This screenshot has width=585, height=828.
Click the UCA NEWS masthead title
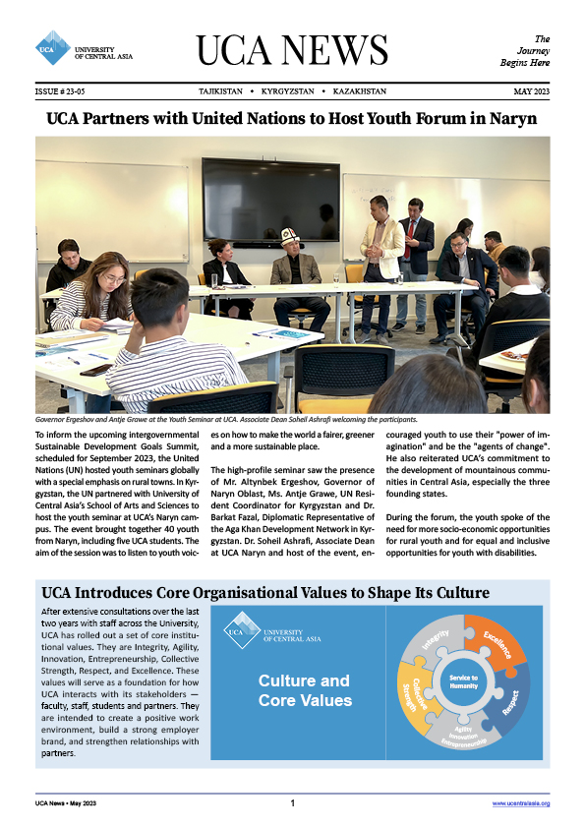pyautogui.click(x=292, y=49)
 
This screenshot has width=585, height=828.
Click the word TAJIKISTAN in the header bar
pyautogui.click(x=223, y=91)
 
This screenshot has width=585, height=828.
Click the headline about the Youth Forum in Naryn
pyautogui.click(x=292, y=120)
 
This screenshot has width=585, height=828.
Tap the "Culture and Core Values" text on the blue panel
pyautogui.click(x=304, y=690)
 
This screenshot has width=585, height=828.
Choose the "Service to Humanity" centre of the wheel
pyautogui.click(x=464, y=681)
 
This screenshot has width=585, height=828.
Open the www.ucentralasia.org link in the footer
pyautogui.click(x=520, y=803)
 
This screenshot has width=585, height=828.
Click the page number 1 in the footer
pyautogui.click(x=293, y=803)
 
